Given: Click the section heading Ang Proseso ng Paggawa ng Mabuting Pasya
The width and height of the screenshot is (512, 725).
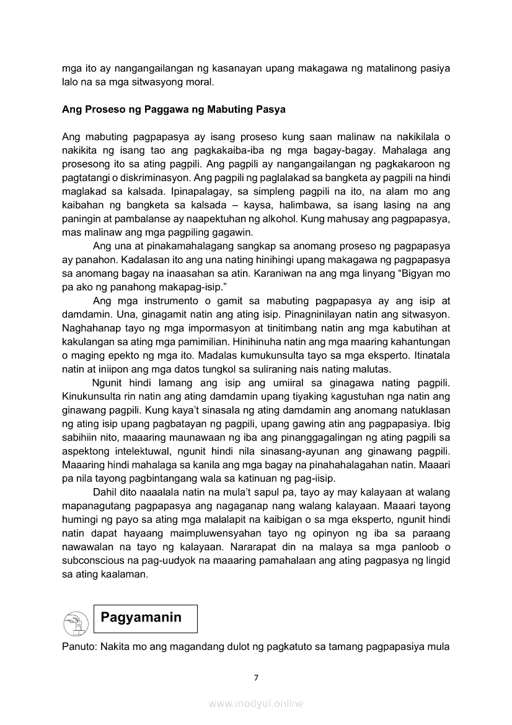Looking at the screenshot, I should (174, 110).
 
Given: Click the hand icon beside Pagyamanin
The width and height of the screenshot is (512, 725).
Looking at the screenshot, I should (76, 621).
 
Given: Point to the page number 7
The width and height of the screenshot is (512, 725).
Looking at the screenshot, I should (256, 677).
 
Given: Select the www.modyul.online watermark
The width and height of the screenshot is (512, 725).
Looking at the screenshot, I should (256, 703).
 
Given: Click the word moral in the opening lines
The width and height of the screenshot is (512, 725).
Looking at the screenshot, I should (200, 81).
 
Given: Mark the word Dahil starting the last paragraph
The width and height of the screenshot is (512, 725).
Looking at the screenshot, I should (105, 492).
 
